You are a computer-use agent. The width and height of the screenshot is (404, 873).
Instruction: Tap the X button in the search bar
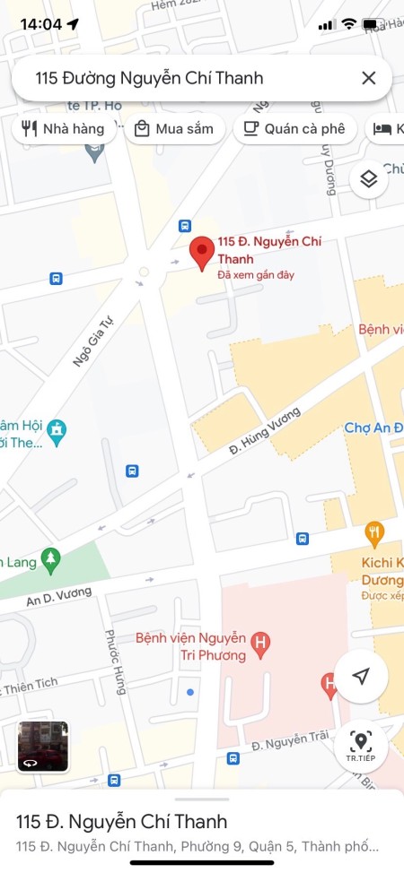coord(368,78)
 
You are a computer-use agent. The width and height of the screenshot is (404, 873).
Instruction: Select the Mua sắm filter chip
coord(174,129)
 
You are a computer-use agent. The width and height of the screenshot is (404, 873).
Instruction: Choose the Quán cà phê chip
coord(294,129)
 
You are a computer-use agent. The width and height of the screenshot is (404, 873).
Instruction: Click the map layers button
coord(368,179)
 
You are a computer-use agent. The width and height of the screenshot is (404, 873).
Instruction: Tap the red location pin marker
coord(203,253)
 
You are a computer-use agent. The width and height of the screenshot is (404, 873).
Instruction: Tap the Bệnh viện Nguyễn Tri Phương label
coord(190,646)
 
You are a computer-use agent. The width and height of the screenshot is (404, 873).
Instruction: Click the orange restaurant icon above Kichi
coord(374,535)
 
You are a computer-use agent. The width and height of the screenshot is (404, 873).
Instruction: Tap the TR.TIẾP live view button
coord(361,746)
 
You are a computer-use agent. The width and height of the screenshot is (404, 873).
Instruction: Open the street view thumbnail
coord(43,746)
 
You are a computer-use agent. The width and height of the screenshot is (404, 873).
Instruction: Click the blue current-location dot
coord(189,693)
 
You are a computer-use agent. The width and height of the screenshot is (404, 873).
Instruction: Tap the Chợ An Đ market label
coord(373,428)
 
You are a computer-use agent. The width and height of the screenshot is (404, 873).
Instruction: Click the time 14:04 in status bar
coord(40,24)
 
